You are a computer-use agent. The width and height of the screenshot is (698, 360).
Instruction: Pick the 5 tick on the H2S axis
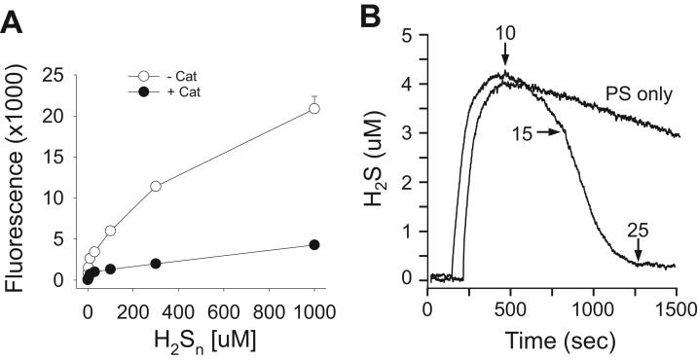pos(414,35)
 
